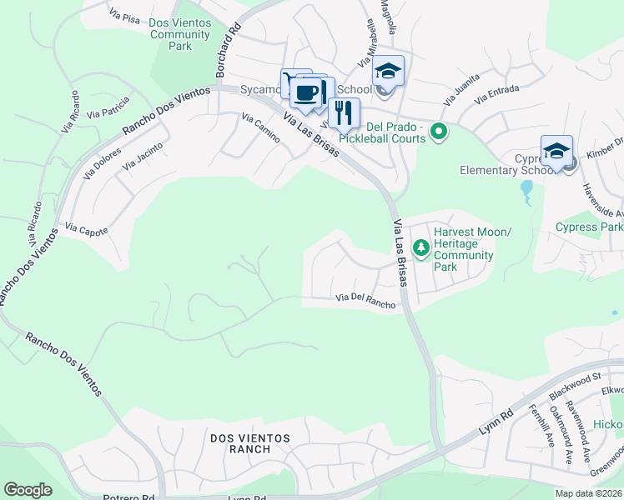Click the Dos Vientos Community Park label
179,34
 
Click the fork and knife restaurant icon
344,112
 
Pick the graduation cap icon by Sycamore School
388,70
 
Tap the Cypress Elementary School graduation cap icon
556,151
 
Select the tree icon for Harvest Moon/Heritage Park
421,247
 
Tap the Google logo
28,490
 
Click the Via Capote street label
87,230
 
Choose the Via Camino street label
261,127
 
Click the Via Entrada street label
497,93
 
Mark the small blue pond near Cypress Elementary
526,193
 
